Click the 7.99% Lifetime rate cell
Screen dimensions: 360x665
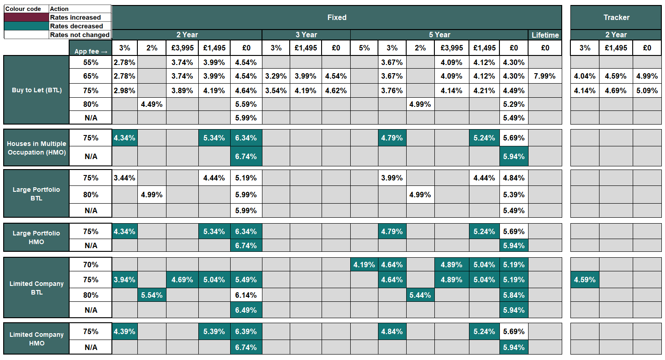pos(545,76)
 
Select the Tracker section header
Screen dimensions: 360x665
pos(616,18)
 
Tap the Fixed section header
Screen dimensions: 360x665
pos(337,18)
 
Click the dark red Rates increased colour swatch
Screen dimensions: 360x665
pos(26,17)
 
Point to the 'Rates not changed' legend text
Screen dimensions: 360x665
pos(80,35)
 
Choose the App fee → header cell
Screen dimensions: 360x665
pos(91,48)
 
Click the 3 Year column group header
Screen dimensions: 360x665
pos(306,35)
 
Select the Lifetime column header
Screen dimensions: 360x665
pos(545,35)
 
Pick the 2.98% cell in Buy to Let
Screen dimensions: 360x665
pos(125,90)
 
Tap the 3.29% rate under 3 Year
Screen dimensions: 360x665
pos(276,76)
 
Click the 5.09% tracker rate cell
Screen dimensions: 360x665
pos(647,90)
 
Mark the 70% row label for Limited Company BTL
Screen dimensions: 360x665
pos(91,265)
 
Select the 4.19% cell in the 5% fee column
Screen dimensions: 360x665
pos(364,265)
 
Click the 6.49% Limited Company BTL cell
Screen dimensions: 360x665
pos(246,310)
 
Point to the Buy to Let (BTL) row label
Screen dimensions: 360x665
pos(36,90)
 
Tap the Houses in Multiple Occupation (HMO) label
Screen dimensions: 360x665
pos(36,148)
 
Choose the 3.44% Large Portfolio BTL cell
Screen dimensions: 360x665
pos(125,178)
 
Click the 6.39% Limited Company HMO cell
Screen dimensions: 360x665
pos(246,332)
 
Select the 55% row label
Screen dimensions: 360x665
pos(91,62)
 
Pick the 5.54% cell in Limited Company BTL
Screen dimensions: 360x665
pos(151,295)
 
